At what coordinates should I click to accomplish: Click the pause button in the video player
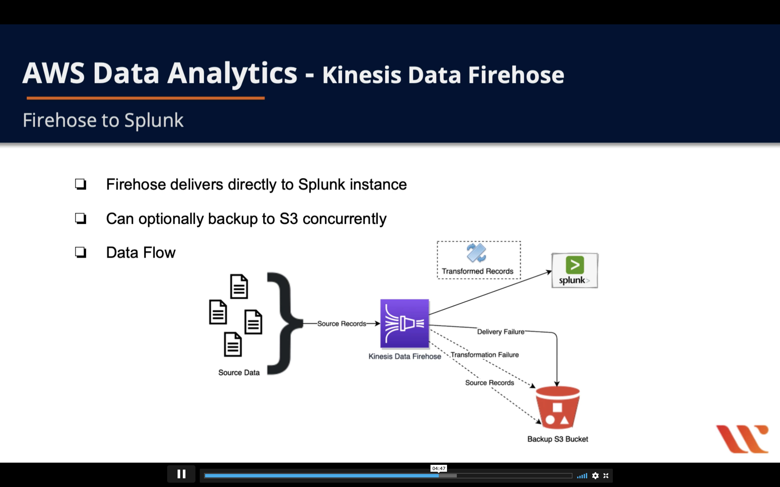pyautogui.click(x=181, y=474)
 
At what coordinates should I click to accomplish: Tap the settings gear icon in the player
pyautogui.click(x=595, y=476)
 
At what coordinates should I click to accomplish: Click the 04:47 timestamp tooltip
pyautogui.click(x=439, y=468)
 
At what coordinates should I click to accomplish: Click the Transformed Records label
pyautogui.click(x=477, y=271)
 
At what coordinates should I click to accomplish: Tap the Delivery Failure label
pyautogui.click(x=501, y=332)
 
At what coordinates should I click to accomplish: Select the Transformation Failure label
pyautogui.click(x=484, y=355)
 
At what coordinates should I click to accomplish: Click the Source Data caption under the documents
pyautogui.click(x=239, y=373)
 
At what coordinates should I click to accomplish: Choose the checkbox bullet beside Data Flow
pyautogui.click(x=81, y=252)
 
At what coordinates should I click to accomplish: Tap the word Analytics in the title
pyautogui.click(x=232, y=73)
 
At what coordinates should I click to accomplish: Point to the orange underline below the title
pyautogui.click(x=146, y=98)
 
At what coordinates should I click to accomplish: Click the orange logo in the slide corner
pyautogui.click(x=742, y=439)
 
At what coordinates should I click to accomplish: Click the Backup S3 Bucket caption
pyautogui.click(x=558, y=439)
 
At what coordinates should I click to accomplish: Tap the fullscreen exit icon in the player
pyautogui.click(x=606, y=476)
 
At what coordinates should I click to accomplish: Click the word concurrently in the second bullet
pyautogui.click(x=344, y=219)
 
